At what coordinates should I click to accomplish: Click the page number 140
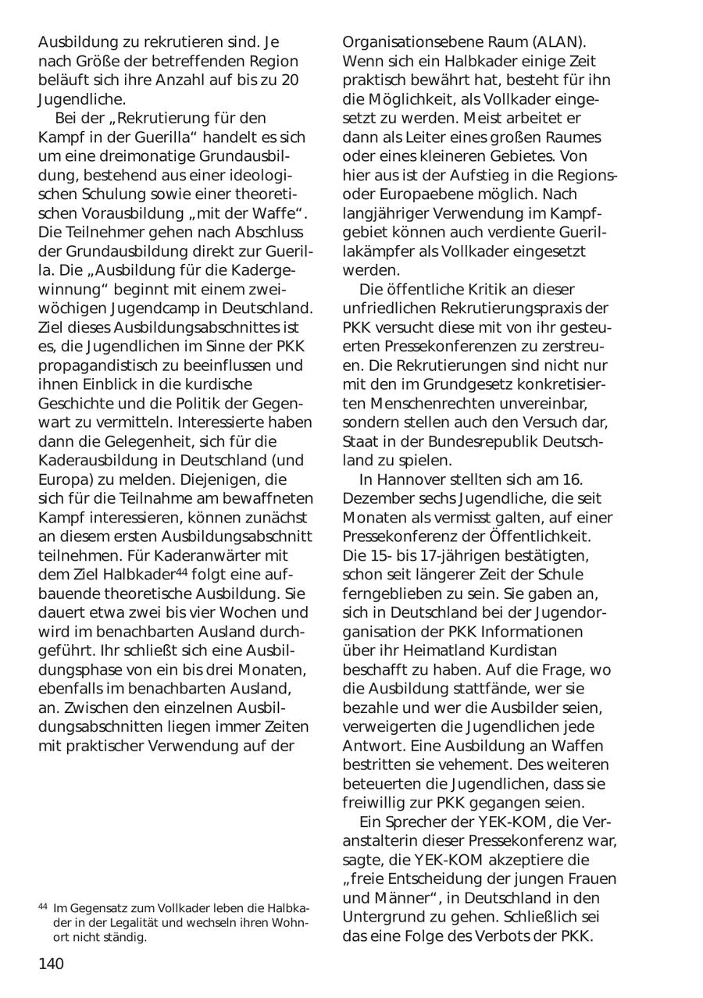pyautogui.click(x=51, y=964)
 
